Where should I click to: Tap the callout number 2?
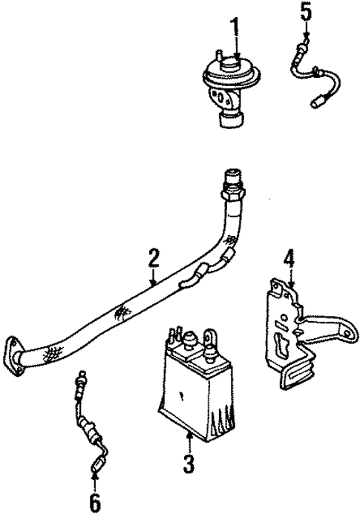pyautogui.click(x=153, y=259)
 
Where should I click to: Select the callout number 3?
pyautogui.click(x=189, y=465)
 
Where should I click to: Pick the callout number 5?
pyautogui.click(x=304, y=13)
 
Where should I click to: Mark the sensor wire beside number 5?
pyautogui.click(x=312, y=70)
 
